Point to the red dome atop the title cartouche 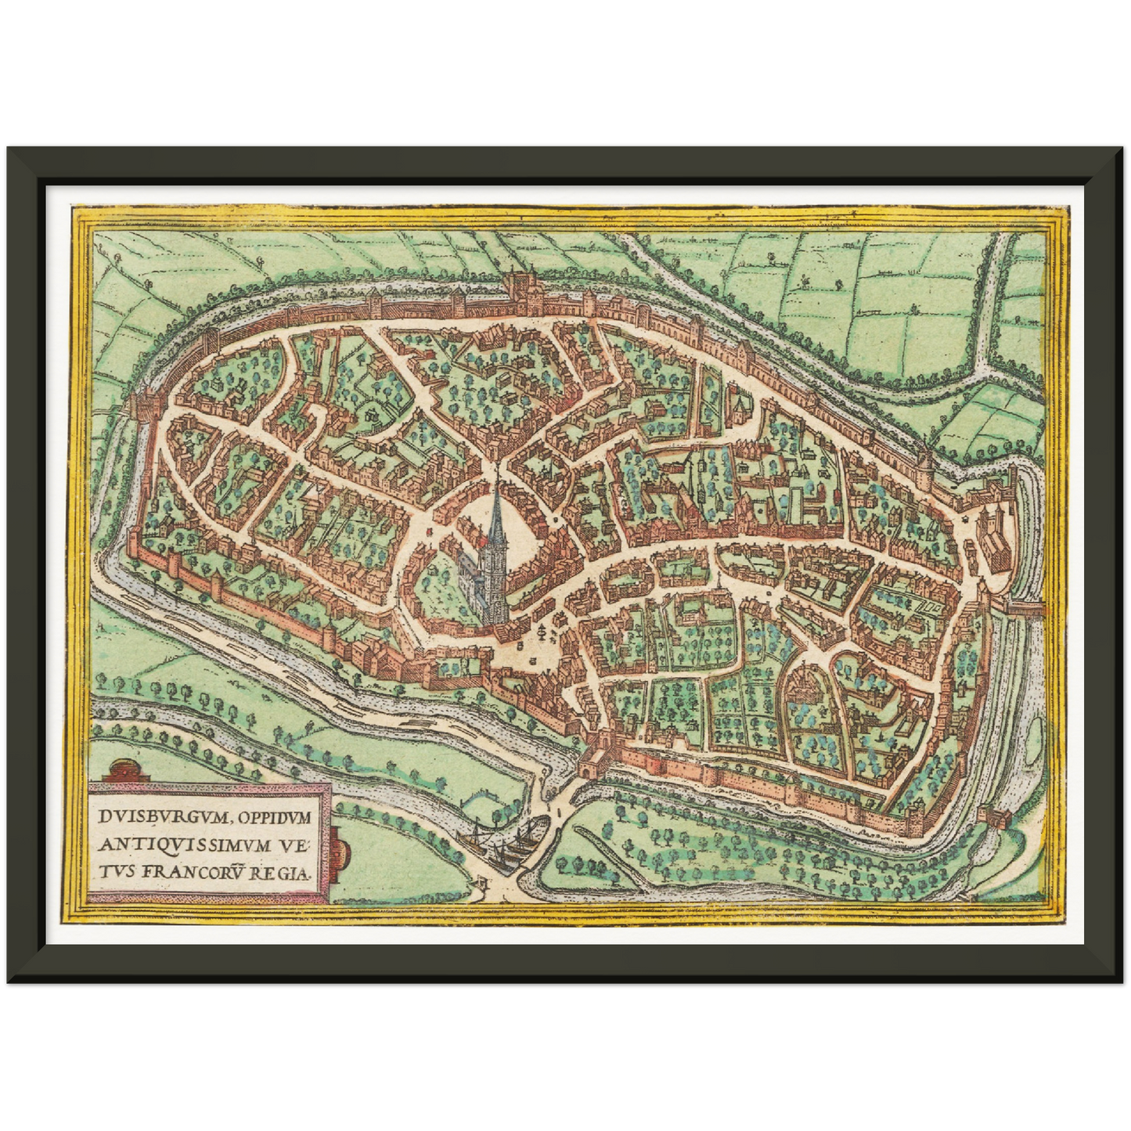(129, 769)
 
